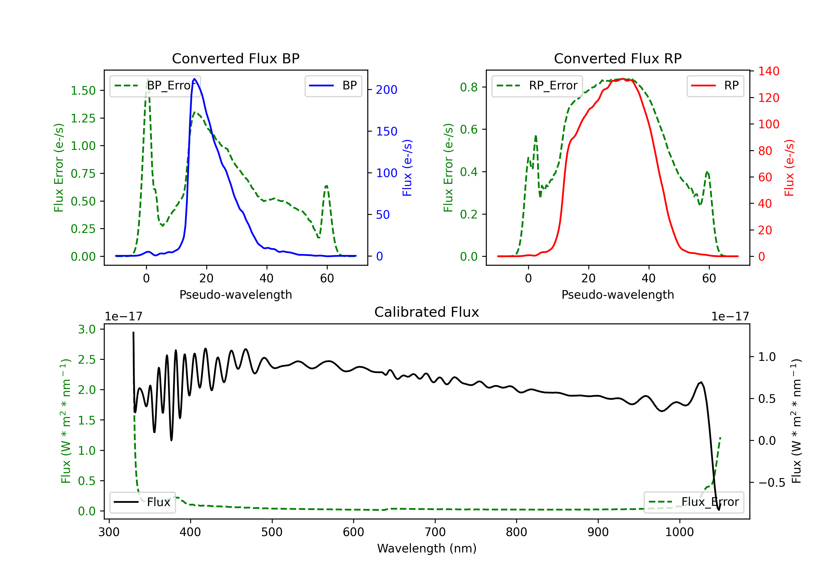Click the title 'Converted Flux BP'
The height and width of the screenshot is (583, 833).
click(x=236, y=58)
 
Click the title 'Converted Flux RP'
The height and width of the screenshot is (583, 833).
click(x=618, y=58)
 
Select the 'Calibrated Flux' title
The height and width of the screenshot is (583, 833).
click(x=427, y=312)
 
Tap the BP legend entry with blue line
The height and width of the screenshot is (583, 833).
click(x=333, y=86)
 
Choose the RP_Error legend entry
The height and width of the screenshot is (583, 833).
click(x=537, y=86)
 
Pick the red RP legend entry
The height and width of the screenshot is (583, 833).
click(x=715, y=86)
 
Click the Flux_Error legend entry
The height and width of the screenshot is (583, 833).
click(x=694, y=502)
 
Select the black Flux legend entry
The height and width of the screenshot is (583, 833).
click(x=142, y=502)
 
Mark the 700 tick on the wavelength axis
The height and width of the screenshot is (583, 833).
click(x=435, y=532)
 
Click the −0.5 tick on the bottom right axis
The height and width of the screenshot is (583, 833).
click(x=772, y=483)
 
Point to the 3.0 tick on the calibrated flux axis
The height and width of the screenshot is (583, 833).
click(x=87, y=330)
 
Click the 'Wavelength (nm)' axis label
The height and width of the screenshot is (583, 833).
click(x=427, y=548)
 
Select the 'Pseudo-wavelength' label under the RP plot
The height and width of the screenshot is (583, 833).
click(x=618, y=295)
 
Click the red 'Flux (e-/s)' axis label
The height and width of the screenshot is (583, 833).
click(x=789, y=168)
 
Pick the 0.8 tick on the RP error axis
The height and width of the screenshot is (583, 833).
click(x=469, y=87)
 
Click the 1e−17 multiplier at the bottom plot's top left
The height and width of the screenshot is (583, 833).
click(x=124, y=316)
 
